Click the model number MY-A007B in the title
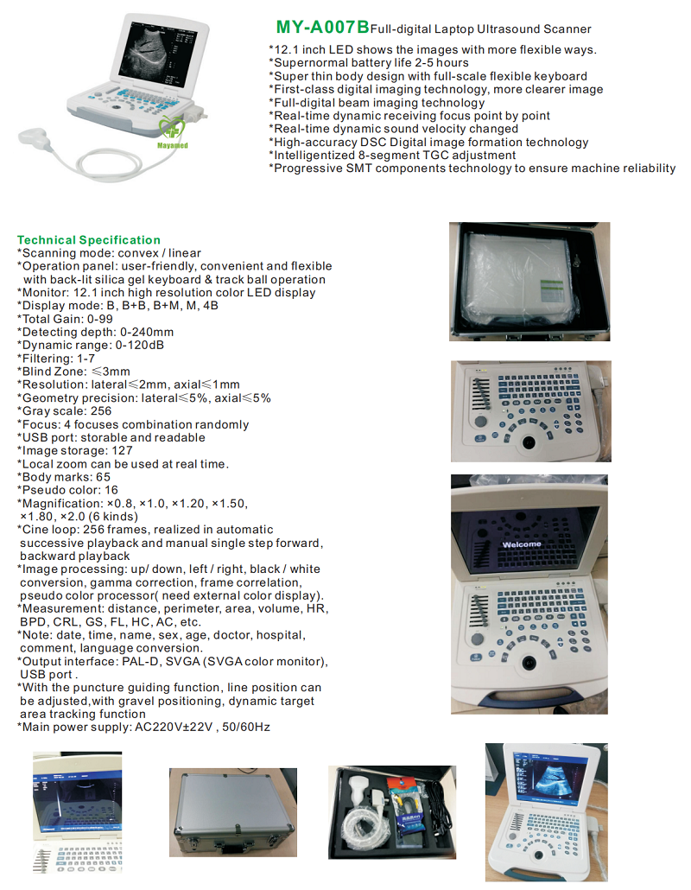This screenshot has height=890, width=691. pyautogui.click(x=322, y=27)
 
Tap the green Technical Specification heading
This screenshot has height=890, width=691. pyautogui.click(x=88, y=239)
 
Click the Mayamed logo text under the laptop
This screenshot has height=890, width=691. pyautogui.click(x=173, y=145)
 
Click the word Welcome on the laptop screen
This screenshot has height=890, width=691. pyautogui.click(x=522, y=544)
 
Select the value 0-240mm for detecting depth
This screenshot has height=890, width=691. pyautogui.click(x=147, y=332)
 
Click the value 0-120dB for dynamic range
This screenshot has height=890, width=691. pyautogui.click(x=140, y=345)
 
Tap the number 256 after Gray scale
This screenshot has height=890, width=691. pyautogui.click(x=101, y=411)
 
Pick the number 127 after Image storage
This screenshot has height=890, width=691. pyautogui.click(x=122, y=451)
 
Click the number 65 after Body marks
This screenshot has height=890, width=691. pyautogui.click(x=104, y=477)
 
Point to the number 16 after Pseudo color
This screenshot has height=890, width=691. pyautogui.click(x=111, y=490)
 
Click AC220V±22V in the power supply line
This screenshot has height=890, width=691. pyautogui.click(x=174, y=727)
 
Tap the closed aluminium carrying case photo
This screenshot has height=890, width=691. pyautogui.click(x=233, y=812)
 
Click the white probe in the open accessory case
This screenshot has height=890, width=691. pyautogui.click(x=362, y=795)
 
